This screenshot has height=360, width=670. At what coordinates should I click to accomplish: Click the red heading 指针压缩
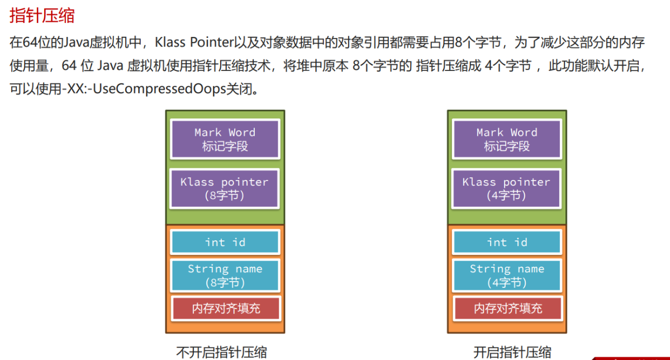tap(42, 15)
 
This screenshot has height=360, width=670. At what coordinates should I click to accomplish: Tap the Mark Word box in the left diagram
tap(225, 139)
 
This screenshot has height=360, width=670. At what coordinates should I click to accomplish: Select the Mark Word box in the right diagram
tap(506, 139)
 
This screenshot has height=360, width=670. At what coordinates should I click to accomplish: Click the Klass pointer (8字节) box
tap(225, 188)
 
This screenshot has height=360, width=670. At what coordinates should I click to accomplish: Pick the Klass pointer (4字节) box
tap(506, 188)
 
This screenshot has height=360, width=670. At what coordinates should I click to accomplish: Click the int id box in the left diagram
tap(225, 242)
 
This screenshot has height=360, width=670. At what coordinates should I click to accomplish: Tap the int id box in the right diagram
tap(506, 242)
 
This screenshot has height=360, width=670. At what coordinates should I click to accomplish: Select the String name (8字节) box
tap(225, 276)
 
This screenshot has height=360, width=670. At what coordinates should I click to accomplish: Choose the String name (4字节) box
tap(506, 276)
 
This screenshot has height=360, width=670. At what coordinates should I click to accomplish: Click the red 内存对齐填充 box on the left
tap(225, 308)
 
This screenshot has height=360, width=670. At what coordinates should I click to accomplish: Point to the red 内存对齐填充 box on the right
tap(506, 308)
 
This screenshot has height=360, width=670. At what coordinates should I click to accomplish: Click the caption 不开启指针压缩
tap(221, 352)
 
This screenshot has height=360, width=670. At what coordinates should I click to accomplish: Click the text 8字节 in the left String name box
tap(225, 283)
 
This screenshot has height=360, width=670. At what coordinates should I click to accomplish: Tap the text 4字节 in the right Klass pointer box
tap(507, 196)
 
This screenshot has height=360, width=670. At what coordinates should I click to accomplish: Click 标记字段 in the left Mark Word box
tap(225, 146)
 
